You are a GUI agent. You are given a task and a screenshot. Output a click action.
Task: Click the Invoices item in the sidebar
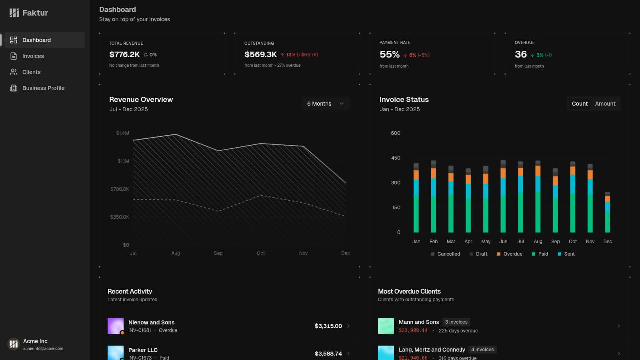click(33, 56)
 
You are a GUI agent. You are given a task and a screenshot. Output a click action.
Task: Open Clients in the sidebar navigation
click(31, 72)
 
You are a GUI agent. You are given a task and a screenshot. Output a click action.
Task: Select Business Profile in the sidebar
click(43, 88)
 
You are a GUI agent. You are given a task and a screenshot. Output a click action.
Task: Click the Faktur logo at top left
click(29, 13)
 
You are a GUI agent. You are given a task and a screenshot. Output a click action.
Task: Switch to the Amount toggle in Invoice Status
click(605, 104)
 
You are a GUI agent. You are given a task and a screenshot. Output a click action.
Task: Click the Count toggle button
click(580, 104)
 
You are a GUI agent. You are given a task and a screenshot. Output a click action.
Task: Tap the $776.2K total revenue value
click(124, 54)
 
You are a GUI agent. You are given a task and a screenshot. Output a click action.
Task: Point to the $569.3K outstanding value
click(260, 54)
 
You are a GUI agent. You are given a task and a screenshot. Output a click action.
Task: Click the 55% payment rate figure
click(390, 54)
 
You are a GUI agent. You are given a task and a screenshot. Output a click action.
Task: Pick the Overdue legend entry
click(510, 254)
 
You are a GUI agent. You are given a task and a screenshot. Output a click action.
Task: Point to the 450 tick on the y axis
click(396, 158)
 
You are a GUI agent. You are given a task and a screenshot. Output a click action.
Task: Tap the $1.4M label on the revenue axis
click(122, 133)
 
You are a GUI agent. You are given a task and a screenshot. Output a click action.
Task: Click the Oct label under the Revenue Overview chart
click(260, 253)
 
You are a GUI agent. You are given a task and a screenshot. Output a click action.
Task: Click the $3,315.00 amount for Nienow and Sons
click(328, 326)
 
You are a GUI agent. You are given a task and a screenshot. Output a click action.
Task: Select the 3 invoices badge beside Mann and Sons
click(456, 322)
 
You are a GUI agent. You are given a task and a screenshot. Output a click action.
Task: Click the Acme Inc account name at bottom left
click(35, 341)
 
